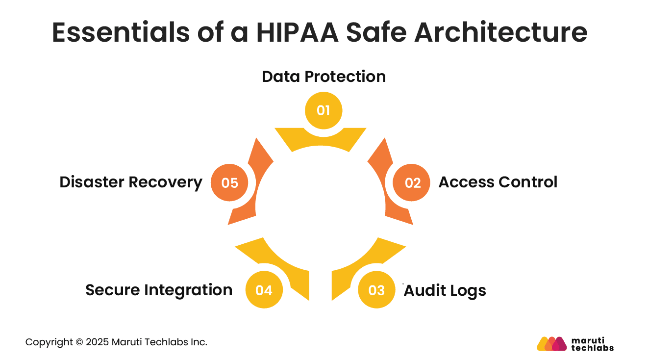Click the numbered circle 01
323,110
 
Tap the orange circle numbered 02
413,183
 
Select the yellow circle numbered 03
376,290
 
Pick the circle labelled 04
264,290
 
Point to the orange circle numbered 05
229,183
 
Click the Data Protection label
324,77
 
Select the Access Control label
498,182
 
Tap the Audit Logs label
445,290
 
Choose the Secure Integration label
159,290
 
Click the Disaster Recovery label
131,182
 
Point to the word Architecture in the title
501,32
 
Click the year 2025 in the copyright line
97,342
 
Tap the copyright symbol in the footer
79,342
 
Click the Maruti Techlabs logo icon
551,344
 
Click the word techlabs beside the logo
592,348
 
